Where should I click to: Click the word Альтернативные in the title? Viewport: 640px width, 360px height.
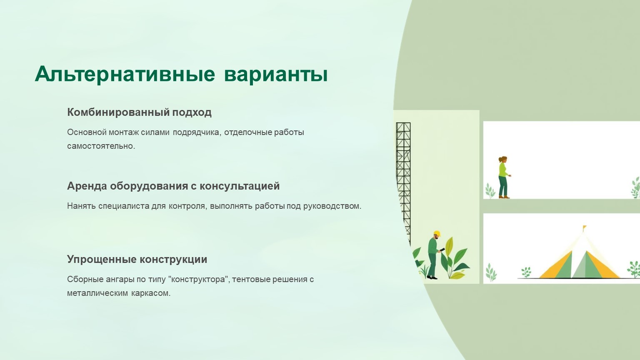pos(125,74)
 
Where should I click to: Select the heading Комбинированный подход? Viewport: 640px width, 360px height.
pos(139,112)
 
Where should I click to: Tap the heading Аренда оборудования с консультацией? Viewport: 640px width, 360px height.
pos(173,186)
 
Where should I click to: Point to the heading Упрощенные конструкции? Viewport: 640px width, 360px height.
pos(137,260)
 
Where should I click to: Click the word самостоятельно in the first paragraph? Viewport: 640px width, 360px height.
pos(101,146)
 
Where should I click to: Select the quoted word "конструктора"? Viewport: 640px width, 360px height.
pos(200,279)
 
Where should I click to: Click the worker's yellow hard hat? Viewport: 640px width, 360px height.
pos(437,233)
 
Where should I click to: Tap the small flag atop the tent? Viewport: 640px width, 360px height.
pos(584,228)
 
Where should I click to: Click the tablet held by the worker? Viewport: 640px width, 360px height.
pos(442,250)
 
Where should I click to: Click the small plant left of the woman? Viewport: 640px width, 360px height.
pos(490,191)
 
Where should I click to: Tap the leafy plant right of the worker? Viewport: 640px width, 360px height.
pos(454,259)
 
